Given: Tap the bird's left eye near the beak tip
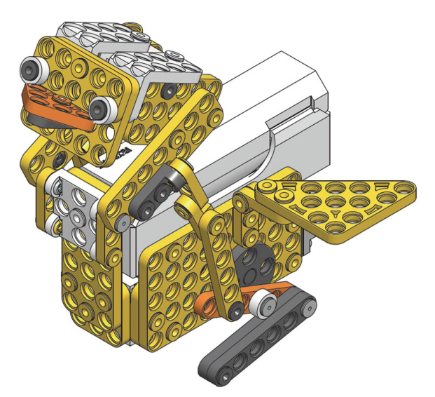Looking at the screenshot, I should click(x=32, y=70).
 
